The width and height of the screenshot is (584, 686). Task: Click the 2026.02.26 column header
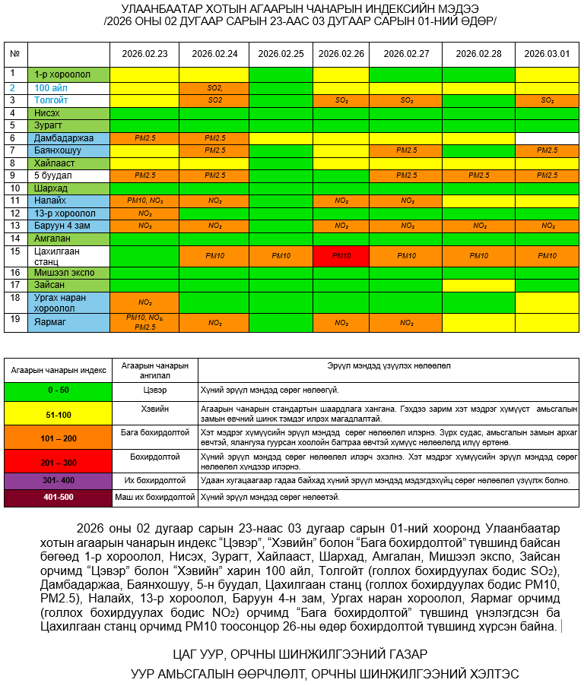click(341, 54)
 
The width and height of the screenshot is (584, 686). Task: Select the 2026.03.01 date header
click(547, 54)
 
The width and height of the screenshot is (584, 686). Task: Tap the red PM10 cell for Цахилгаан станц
click(341, 256)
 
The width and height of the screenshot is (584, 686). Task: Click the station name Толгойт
click(51, 100)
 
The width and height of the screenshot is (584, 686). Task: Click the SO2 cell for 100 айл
click(215, 88)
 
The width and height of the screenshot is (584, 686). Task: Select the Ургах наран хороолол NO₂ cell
click(144, 302)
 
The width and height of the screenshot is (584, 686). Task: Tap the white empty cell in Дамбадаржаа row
click(547, 138)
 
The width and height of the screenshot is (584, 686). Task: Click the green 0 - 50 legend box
click(58, 390)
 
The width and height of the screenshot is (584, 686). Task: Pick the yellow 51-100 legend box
click(58, 415)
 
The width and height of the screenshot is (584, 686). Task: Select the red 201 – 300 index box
click(58, 461)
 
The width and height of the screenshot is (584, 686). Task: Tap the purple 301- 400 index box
click(58, 481)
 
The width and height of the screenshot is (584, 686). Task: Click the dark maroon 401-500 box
click(58, 498)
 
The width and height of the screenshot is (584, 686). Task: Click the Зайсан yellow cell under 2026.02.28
click(478, 285)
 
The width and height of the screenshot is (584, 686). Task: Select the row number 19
click(13, 320)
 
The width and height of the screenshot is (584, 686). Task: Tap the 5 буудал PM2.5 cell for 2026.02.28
click(478, 175)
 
